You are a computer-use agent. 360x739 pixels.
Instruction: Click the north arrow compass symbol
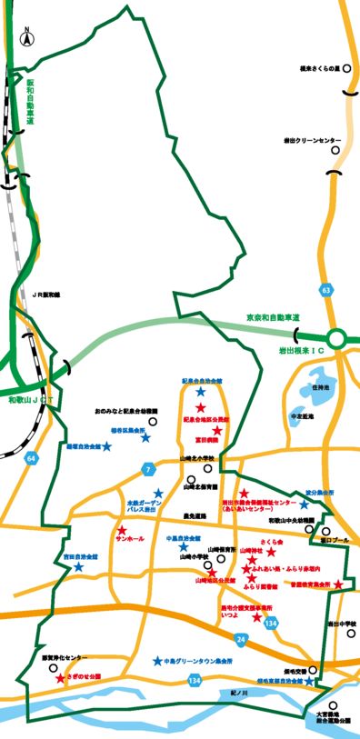[x=27, y=38]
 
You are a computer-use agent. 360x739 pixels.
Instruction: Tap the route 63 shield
[x=325, y=290]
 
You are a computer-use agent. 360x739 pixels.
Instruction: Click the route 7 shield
[x=147, y=468]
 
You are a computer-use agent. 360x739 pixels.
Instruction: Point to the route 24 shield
[x=240, y=640]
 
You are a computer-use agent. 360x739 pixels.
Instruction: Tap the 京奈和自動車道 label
[x=274, y=316]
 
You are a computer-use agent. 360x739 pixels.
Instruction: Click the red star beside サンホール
[x=120, y=530]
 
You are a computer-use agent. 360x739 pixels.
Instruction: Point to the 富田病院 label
[x=203, y=439]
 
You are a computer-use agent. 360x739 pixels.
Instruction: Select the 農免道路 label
[x=195, y=515]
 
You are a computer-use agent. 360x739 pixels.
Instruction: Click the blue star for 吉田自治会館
[x=78, y=566]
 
